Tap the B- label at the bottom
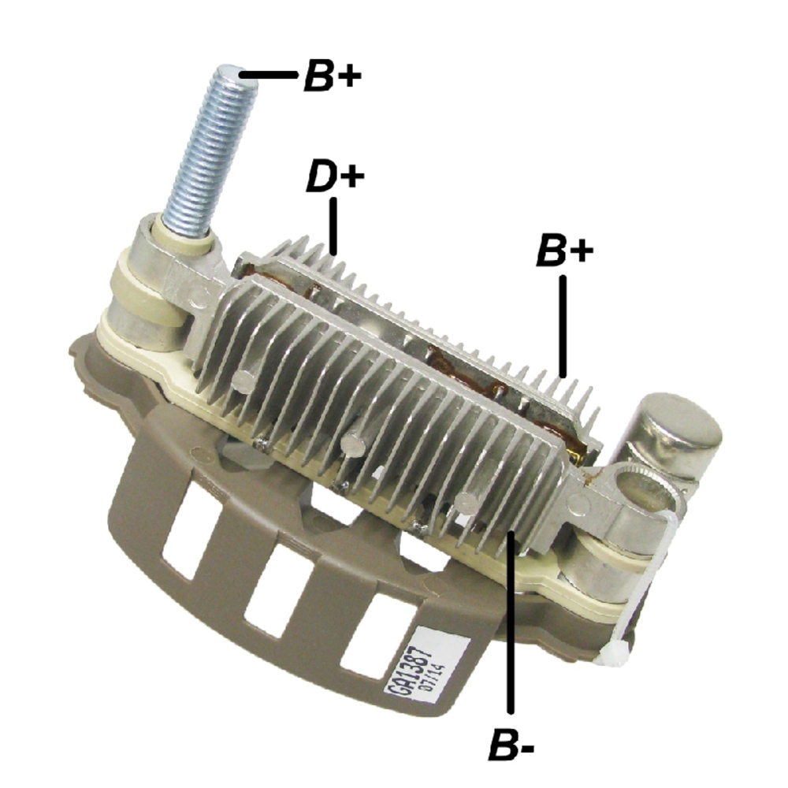[511, 745]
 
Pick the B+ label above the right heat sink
[563, 251]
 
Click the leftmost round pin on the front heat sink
[243, 382]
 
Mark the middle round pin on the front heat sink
[352, 444]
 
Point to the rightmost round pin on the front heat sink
[468, 502]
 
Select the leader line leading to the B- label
[511, 623]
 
